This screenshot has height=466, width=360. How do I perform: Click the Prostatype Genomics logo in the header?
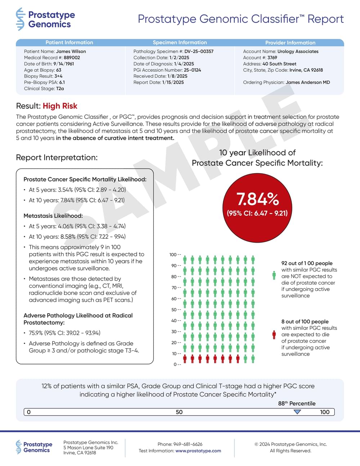pyautogui.click(x=45, y=19)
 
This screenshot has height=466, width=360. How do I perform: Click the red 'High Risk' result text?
pyautogui.click(x=60, y=106)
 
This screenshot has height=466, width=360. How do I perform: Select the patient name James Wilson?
pyautogui.click(x=71, y=51)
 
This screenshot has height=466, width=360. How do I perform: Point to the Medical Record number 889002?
pyautogui.click(x=72, y=58)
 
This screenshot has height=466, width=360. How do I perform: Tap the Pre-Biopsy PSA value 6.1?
pyautogui.click(x=62, y=82)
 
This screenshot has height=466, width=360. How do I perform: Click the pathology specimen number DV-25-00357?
pyautogui.click(x=199, y=51)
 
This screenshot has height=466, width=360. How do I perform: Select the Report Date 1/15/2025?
pyautogui.click(x=173, y=82)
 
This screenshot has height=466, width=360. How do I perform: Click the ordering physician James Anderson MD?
pyautogui.click(x=308, y=82)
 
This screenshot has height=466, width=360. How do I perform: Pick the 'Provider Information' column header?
pyautogui.click(x=290, y=42)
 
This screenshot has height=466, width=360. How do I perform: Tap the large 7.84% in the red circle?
pyautogui.click(x=257, y=199)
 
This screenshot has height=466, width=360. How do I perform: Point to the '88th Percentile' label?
pyautogui.click(x=297, y=404)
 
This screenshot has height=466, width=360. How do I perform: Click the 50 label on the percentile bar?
pyautogui.click(x=179, y=412)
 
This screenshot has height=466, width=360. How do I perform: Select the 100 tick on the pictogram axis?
pyautogui.click(x=174, y=255)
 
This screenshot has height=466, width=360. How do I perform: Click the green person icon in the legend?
pyautogui.click(x=274, y=275)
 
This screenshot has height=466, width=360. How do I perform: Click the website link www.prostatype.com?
pyautogui.click(x=198, y=451)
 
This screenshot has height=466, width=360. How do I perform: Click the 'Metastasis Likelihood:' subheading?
pyautogui.click(x=53, y=216)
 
